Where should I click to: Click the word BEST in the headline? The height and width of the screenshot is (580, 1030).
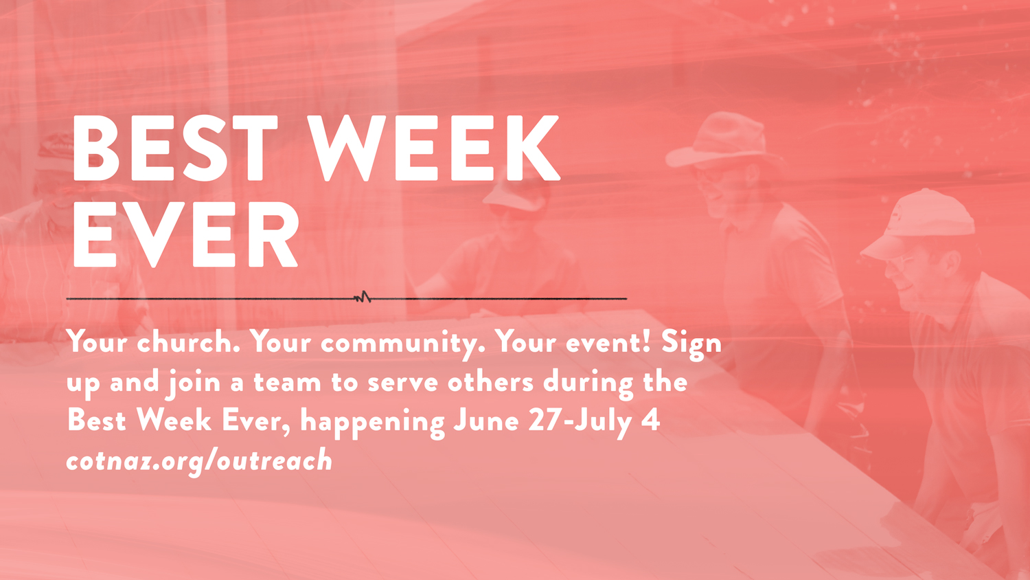tap(175, 148)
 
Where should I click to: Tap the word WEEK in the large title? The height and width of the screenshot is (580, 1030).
tap(433, 148)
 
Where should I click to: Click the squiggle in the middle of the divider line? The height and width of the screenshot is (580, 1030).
tap(363, 298)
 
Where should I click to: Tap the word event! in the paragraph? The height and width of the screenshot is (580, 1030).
tap(608, 343)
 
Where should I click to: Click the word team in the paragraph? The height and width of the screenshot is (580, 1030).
tap(288, 382)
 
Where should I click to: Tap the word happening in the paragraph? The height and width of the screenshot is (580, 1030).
tap(372, 422)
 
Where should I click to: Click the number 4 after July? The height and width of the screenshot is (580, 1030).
tap(651, 421)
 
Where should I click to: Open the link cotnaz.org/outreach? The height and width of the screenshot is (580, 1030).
tap(199, 461)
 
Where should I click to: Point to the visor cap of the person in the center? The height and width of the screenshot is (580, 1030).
tap(515, 193)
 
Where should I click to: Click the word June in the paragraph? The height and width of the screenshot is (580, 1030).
tap(486, 421)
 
